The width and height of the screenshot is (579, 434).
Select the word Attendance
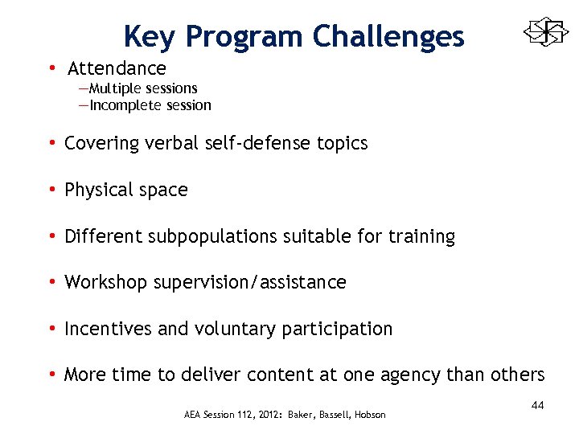pyautogui.click(x=117, y=69)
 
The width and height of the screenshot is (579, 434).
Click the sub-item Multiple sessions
pyautogui.click(x=142, y=88)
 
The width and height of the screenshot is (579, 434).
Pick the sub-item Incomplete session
pyautogui.click(x=150, y=105)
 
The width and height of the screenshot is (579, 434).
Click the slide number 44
pyautogui.click(x=537, y=406)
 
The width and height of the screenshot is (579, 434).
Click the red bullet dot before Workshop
pyautogui.click(x=51, y=283)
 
